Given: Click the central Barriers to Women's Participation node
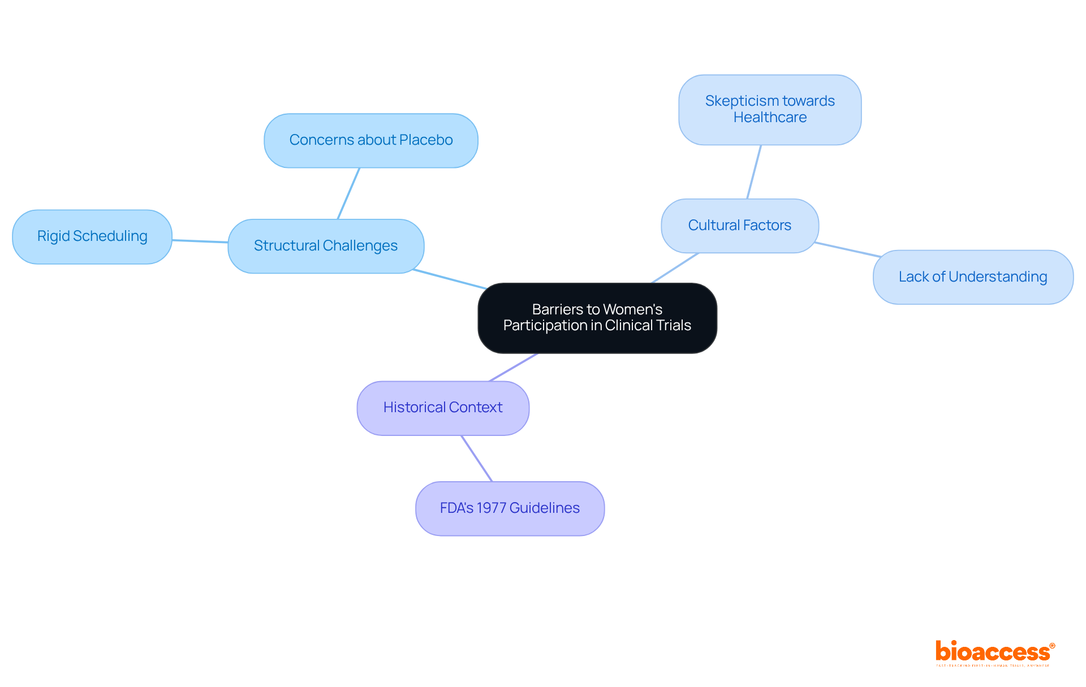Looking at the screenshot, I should pos(597,318).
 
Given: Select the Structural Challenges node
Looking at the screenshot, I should pos(326,246).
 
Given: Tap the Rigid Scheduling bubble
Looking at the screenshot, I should pos(92,236).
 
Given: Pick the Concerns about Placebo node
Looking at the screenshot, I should pos(370,140).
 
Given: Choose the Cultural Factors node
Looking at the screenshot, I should pos(739,226).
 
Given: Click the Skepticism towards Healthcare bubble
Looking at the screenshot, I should pos(770,109).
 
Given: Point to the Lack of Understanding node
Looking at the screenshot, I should pos(973,277).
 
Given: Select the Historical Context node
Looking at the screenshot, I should pos(443,408).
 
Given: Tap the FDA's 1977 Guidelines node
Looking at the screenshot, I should pos(510,508).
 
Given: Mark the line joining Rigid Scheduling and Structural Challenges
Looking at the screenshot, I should pos(200,241).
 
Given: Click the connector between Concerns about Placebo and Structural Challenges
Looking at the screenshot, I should pos(348,193).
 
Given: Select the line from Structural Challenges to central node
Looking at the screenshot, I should pos(450,279).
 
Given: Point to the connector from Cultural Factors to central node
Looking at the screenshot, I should pos(675,268).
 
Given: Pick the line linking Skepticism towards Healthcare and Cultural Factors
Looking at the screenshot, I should pos(754,172).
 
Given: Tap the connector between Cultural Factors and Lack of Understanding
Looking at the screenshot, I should pos(848,250).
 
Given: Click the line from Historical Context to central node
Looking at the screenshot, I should pos(513,368).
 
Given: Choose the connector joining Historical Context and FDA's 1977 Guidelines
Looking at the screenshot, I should pos(477,459).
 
